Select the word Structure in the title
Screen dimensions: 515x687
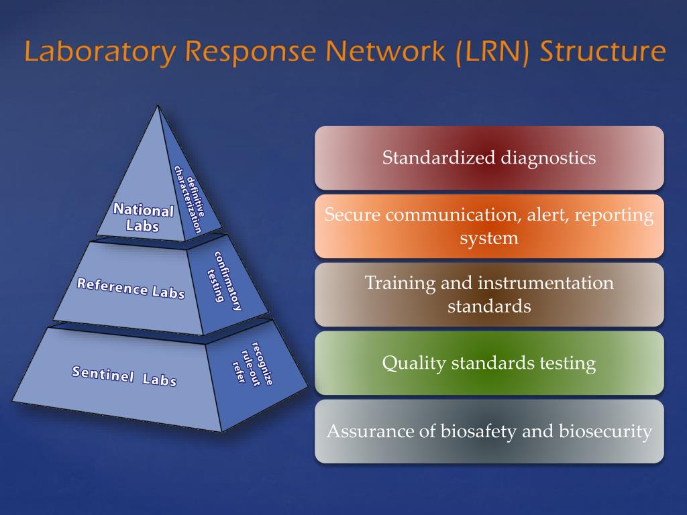[x=602, y=52]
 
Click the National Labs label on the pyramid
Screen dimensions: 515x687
[x=143, y=218]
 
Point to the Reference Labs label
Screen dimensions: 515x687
[x=131, y=288]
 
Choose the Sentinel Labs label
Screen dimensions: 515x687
[x=124, y=376]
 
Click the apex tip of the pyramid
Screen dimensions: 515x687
[x=158, y=106]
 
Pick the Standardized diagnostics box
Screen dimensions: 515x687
[x=489, y=158]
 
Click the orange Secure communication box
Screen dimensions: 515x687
[x=489, y=226]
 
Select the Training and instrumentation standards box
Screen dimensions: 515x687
[x=489, y=294]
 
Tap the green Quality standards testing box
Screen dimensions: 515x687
[x=489, y=363]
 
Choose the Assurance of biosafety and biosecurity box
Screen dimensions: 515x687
[x=489, y=431]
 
